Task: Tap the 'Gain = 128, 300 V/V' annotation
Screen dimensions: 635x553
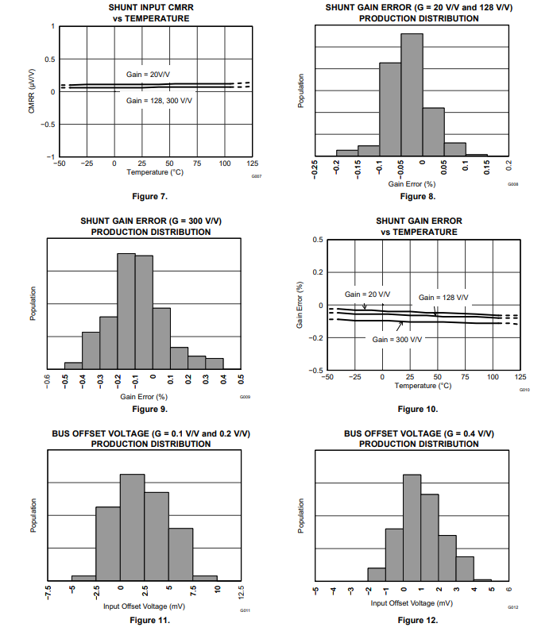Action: (x=159, y=101)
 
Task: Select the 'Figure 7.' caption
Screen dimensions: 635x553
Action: (x=151, y=195)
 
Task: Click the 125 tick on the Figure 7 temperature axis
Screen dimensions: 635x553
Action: (x=252, y=164)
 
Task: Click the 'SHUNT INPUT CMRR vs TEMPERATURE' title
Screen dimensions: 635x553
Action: (x=151, y=12)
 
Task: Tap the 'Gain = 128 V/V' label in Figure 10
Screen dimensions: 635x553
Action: (x=443, y=298)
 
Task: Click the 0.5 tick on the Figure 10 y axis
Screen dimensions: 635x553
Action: (x=317, y=240)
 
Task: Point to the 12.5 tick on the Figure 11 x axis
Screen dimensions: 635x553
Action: (x=242, y=595)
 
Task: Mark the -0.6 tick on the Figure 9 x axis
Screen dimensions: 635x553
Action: (x=48, y=382)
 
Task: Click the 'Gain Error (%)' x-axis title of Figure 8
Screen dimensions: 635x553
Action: (x=412, y=183)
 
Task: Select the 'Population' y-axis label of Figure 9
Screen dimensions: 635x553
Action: (x=33, y=305)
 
